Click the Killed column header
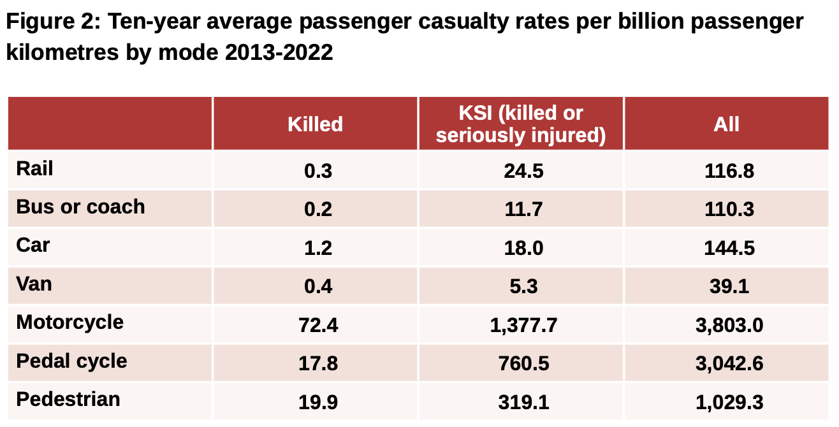[315, 124]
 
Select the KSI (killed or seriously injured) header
[521, 124]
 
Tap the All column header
[726, 124]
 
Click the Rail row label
[34, 169]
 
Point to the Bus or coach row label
[80, 207]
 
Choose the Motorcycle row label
[70, 322]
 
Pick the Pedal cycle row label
[71, 361]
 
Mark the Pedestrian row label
[68, 400]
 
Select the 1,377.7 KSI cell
[523, 325]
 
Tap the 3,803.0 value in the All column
[729, 325]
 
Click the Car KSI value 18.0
[523, 248]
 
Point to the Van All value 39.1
[729, 286]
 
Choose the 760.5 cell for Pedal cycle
[523, 363]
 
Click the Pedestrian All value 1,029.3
[729, 402]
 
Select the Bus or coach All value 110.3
[729, 210]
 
